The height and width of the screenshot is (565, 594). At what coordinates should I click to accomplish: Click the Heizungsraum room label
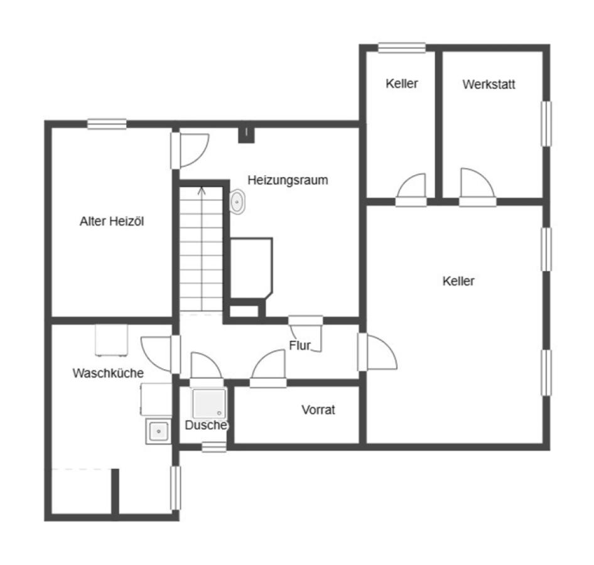(288, 180)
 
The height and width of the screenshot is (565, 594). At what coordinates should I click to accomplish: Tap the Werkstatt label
(489, 84)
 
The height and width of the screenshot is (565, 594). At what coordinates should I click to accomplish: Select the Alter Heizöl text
(112, 221)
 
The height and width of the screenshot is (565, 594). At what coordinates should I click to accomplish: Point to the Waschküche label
(108, 373)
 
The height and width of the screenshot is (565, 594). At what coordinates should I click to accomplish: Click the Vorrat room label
(318, 410)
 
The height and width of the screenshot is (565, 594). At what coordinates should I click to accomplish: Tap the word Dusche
(206, 425)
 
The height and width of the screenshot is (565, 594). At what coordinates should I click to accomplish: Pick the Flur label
(300, 345)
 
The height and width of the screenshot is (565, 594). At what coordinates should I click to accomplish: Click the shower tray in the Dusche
(209, 403)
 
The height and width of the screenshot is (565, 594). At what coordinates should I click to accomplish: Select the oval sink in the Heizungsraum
(237, 202)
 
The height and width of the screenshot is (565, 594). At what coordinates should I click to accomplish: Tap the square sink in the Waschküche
(158, 431)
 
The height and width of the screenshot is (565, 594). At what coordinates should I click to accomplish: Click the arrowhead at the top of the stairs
(202, 190)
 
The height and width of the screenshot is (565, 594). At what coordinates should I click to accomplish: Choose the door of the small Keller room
(411, 190)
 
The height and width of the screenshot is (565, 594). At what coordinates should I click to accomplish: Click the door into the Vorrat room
(268, 368)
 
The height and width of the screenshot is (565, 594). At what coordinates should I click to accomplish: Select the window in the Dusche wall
(214, 447)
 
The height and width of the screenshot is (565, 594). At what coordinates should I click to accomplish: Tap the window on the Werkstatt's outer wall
(546, 124)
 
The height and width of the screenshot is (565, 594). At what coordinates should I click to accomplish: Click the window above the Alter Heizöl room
(107, 124)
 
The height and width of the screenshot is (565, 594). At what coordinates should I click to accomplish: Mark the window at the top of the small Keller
(402, 48)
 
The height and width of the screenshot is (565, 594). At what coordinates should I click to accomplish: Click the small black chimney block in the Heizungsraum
(246, 135)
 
